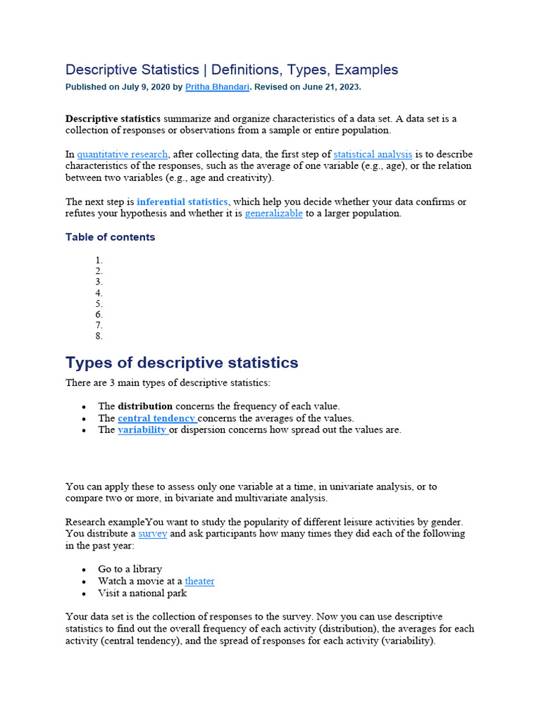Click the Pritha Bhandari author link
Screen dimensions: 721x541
217,87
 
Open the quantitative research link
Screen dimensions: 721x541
123,154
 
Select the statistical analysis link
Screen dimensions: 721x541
373,154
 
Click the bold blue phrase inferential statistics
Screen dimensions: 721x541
182,202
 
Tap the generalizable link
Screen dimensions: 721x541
274,213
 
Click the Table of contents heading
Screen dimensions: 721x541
110,237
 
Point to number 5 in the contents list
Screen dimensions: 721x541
99,303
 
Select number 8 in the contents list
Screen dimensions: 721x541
99,336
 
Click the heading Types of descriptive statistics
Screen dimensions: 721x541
182,363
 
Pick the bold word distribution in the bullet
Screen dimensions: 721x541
145,406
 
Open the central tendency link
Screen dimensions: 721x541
156,418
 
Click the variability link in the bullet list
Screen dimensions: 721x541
142,430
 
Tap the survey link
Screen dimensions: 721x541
153,534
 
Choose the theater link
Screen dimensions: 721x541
199,581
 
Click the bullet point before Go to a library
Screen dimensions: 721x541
84,570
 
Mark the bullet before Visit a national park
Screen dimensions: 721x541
84,594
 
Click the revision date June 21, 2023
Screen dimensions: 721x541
330,87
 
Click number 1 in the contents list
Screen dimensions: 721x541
99,261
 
